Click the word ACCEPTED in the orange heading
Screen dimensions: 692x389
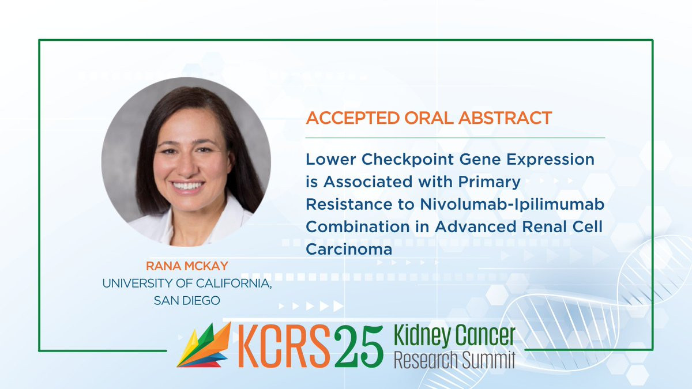pos(352,118)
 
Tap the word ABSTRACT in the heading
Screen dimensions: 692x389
pos(505,118)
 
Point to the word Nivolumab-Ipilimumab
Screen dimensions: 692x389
pos(512,205)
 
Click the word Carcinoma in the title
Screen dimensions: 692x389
pos(349,249)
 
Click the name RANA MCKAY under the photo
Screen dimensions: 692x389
pos(187,266)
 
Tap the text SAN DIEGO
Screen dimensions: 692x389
pos(187,300)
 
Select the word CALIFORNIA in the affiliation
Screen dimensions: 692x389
pos(234,284)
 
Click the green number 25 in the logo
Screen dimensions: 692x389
pos(359,346)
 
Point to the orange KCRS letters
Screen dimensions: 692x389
pos(284,346)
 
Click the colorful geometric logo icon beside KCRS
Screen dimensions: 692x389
pos(204,345)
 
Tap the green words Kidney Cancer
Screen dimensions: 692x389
pos(455,335)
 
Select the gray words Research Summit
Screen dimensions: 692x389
pos(455,360)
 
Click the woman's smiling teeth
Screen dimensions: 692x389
pos(187,186)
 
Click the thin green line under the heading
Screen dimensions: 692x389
pos(455,138)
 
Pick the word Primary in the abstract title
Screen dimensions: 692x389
pos(490,182)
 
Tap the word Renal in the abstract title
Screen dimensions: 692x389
pos(544,226)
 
